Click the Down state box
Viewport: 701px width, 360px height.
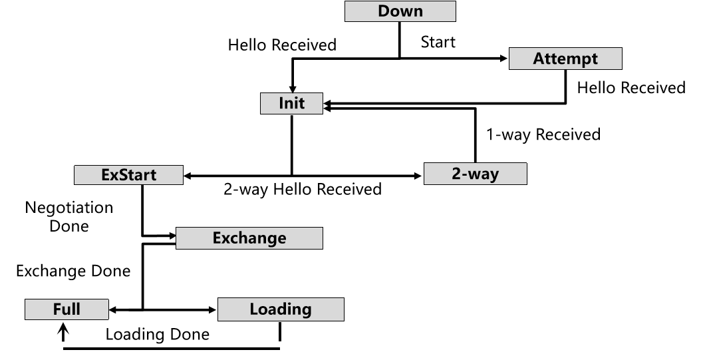point(400,11)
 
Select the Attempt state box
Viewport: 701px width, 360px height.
point(565,59)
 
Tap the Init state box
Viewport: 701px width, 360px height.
point(291,103)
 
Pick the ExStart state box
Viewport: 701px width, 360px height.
point(129,175)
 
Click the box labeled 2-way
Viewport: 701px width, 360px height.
point(475,174)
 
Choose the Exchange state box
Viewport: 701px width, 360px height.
point(249,238)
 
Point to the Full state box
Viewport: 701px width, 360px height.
point(67,309)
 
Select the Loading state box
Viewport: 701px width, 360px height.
point(281,309)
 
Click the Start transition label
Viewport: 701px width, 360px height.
point(438,42)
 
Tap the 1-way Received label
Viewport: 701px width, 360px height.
point(543,134)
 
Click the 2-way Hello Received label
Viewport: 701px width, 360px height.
point(302,190)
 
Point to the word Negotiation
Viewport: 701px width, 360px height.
point(69,208)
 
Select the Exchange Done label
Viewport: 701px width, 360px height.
point(73,271)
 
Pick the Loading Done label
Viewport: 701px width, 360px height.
point(157,334)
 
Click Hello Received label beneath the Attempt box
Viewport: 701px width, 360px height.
point(631,87)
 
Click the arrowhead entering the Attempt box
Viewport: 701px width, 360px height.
point(503,59)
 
